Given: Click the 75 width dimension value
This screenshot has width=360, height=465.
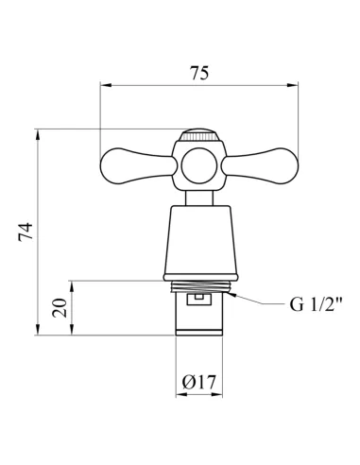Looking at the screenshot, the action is click(199, 73).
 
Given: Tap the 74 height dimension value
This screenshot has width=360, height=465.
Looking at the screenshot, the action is click(26, 232).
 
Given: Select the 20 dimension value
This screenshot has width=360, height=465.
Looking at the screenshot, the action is click(60, 308).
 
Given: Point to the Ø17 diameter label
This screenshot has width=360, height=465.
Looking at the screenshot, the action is click(199, 382).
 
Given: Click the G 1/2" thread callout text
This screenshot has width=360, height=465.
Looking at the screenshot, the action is click(316, 304).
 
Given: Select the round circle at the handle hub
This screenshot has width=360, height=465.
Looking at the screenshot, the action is click(199, 166).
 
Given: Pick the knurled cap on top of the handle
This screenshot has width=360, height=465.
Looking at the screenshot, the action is click(199, 135).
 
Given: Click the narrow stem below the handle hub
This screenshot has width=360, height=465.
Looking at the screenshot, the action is click(199, 198).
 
